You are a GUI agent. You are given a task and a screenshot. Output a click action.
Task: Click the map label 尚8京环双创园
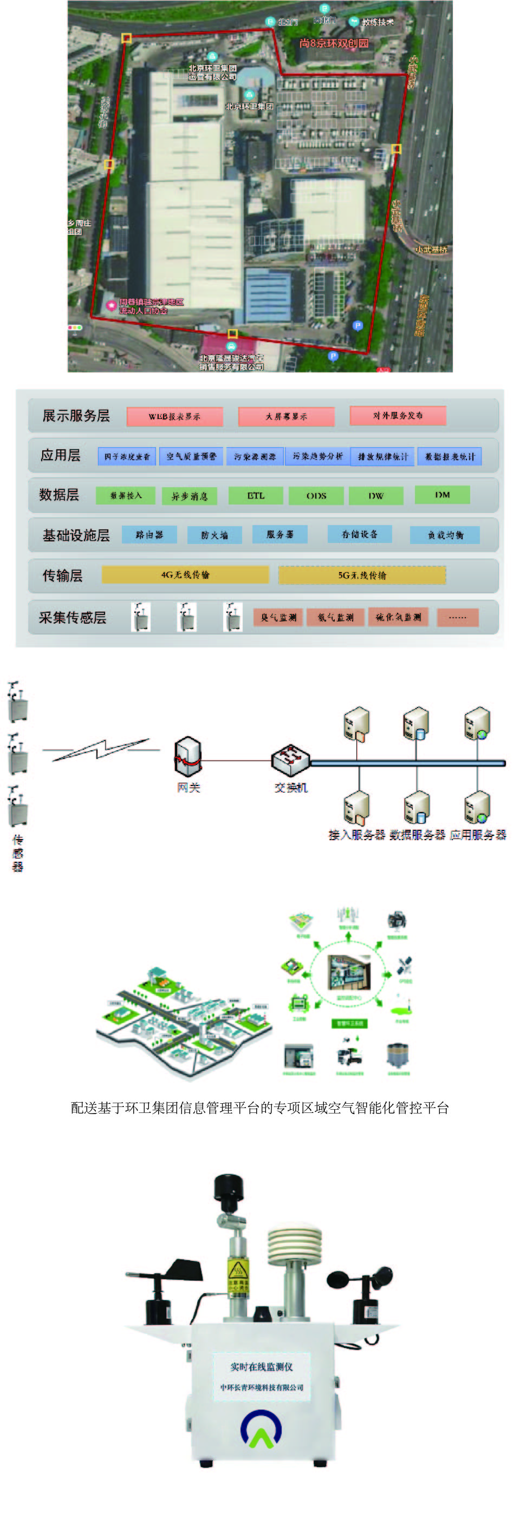[x=334, y=43]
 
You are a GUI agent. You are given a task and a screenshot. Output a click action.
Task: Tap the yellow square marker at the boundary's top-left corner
[x=126, y=38]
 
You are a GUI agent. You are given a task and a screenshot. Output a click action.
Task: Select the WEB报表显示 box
[x=174, y=416]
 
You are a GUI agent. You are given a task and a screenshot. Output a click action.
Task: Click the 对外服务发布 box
[x=398, y=415]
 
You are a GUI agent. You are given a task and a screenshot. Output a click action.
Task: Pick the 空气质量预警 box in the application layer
[x=191, y=456]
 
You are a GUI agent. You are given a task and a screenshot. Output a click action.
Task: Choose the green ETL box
[x=256, y=496]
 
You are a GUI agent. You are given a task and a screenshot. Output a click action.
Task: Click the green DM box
[x=442, y=495]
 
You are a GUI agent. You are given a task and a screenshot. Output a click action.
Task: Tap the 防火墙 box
[x=214, y=535]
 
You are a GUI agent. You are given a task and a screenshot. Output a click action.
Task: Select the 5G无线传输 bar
[x=362, y=575]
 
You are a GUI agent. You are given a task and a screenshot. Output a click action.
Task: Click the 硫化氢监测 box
[x=398, y=617]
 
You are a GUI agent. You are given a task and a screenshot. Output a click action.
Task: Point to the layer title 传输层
[x=62, y=575]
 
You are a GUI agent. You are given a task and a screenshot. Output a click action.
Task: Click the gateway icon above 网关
[x=188, y=757]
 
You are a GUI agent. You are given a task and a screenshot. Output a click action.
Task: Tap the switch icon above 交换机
[x=290, y=759]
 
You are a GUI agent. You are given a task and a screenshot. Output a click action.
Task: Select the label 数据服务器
[x=417, y=835]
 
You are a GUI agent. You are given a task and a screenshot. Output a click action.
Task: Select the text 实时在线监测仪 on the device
[x=262, y=1366]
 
